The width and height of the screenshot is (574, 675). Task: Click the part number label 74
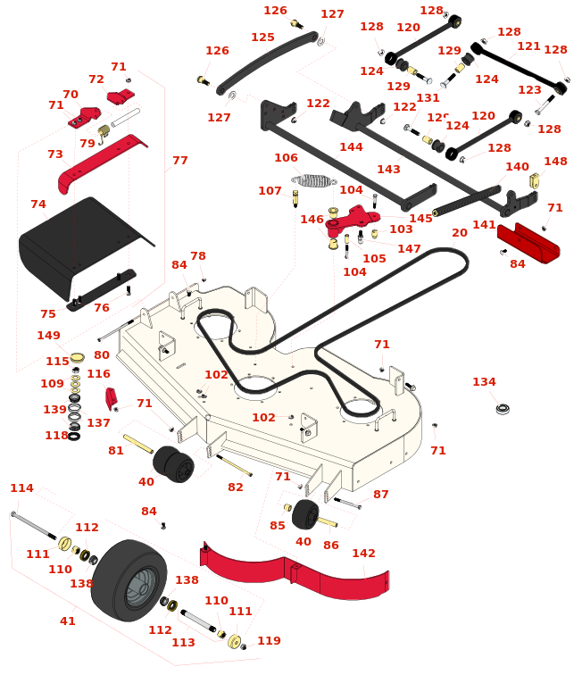37,204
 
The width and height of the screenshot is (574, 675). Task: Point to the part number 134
484,382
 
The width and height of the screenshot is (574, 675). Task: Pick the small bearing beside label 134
503,408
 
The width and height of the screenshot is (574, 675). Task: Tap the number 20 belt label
459,233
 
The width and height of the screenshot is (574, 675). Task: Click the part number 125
262,37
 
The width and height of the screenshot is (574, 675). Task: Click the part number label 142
363,554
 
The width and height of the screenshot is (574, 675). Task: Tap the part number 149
49,336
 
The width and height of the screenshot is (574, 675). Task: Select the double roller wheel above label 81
173,463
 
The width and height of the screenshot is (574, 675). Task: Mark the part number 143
388,170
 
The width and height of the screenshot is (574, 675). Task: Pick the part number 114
21,488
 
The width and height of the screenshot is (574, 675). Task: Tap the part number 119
269,640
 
